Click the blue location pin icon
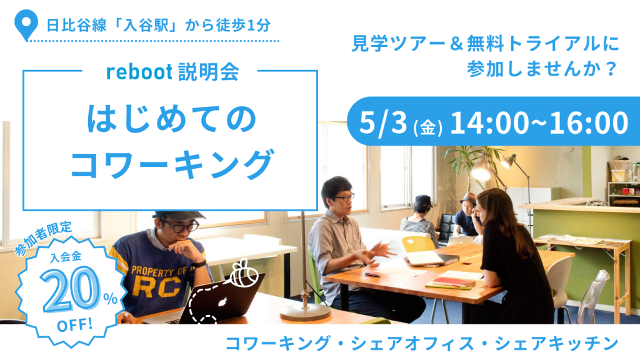[26, 24]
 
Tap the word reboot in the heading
[139, 72]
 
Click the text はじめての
[171, 119]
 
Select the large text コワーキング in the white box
[171, 164]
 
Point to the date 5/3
[383, 123]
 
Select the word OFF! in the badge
[75, 325]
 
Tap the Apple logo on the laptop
[222, 302]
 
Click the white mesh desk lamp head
[481, 168]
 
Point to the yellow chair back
[418, 246]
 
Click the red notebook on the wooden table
[448, 282]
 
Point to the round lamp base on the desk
[305, 313]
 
